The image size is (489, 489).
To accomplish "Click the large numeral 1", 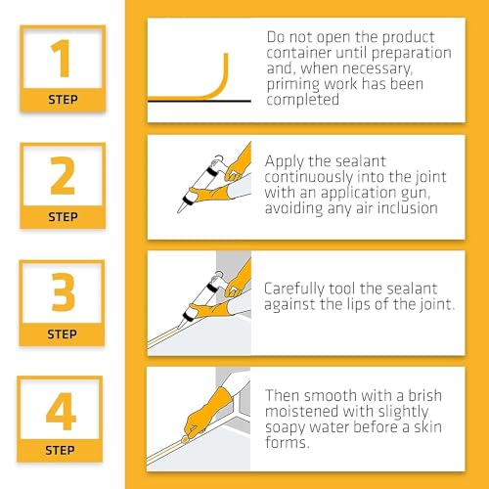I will click(x=61, y=60).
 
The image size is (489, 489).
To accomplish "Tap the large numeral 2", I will click(x=61, y=176).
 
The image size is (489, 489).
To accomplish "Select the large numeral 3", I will click(x=61, y=291).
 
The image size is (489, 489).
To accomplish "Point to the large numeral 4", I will click(x=61, y=411).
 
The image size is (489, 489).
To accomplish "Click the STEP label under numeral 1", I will click(x=62, y=99).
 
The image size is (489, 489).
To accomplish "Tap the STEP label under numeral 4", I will click(x=62, y=449).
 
